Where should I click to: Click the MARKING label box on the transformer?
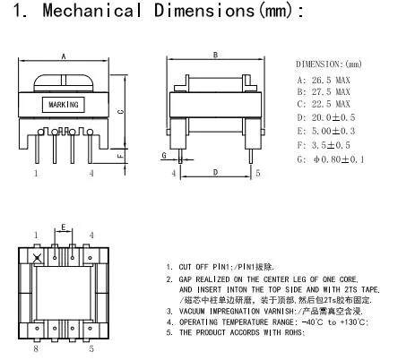pos(62,105)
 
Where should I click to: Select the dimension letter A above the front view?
pos(63,55)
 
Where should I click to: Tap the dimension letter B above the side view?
pos(215,55)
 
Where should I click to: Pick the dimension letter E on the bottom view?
pos(63,227)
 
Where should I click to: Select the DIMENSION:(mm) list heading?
pos(327,64)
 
